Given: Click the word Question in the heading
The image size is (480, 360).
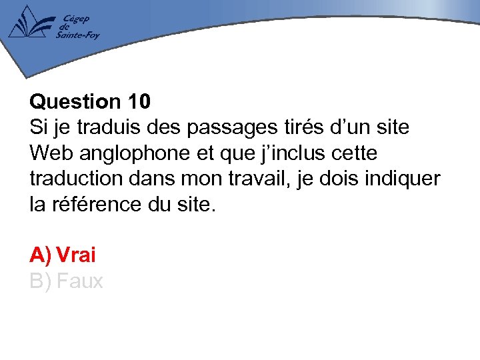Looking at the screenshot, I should coord(73,102).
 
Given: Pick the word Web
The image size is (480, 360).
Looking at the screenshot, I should coord(51,153).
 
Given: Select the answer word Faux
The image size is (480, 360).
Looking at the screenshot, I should coord(80,281).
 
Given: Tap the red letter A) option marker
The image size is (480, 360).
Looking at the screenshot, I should coord(40,255).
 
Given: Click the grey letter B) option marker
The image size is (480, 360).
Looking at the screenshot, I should coord(40,281).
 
